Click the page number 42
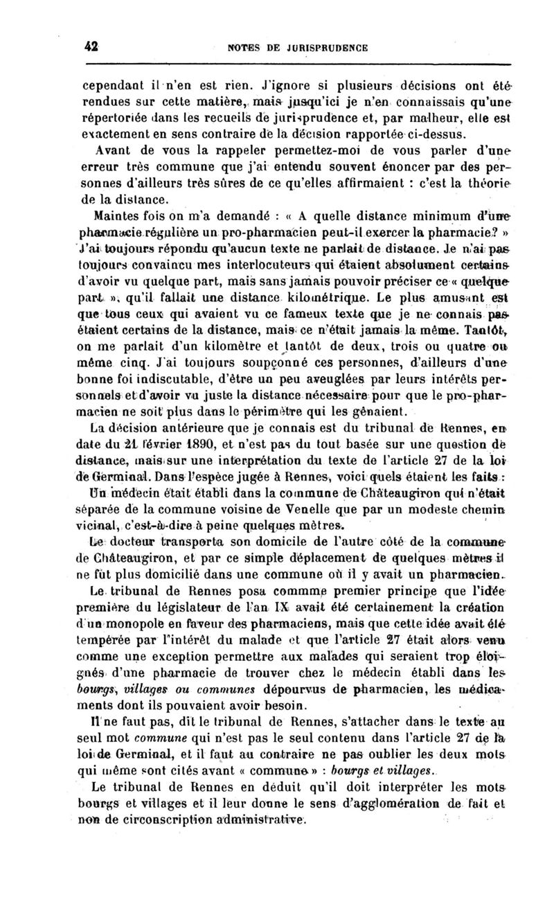pyautogui.click(x=89, y=47)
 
